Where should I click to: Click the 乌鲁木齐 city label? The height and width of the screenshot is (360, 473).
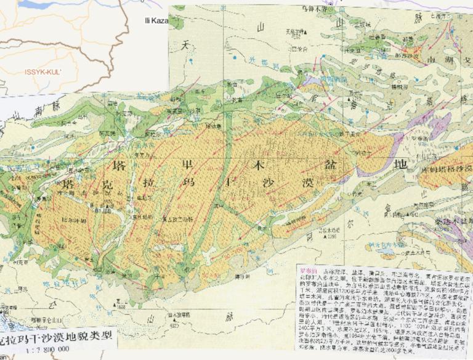(x=311, y=10)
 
